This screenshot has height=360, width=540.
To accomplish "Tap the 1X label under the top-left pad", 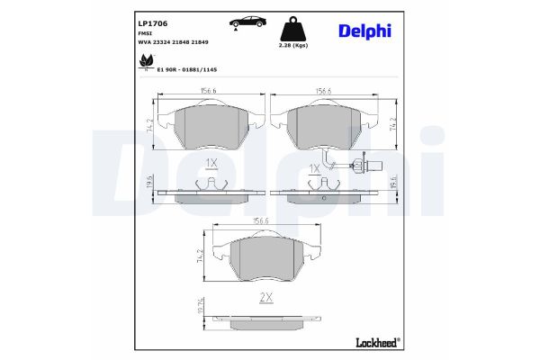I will click(211, 163).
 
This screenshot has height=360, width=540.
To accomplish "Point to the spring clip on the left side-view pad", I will click(210, 184).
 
